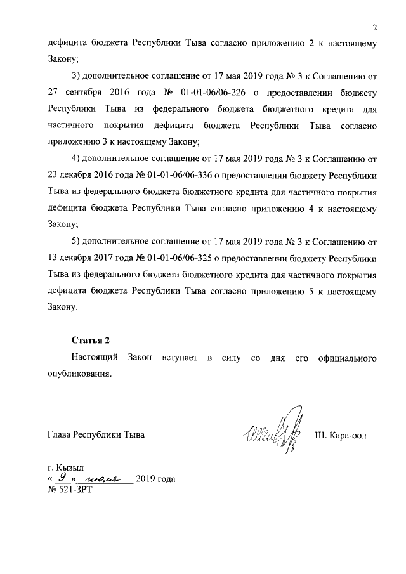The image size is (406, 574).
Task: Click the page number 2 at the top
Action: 375,28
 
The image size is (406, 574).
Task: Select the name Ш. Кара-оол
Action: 341,435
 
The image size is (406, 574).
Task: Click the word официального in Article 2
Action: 346,358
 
